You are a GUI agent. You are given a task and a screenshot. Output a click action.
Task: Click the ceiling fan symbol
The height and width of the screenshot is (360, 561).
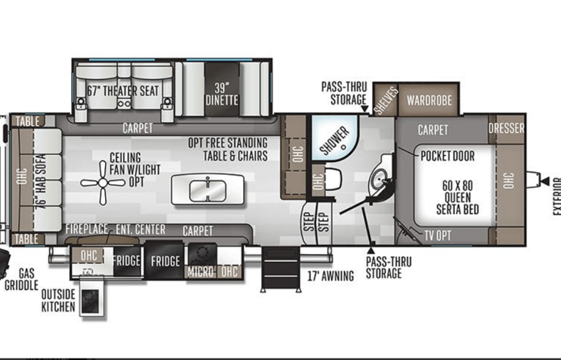104,183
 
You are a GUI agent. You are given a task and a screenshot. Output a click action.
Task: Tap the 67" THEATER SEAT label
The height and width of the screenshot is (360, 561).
123,91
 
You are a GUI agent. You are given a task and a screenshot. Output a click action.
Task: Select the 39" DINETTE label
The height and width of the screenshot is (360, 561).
222,93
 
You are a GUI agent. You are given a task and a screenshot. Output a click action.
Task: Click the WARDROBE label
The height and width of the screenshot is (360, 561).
429,101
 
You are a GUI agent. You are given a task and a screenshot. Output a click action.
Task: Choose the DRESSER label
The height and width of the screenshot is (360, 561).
507,128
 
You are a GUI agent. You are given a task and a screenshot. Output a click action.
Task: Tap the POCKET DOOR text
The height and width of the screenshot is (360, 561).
447,156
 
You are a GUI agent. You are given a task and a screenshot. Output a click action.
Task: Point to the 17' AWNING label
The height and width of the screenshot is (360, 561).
331,276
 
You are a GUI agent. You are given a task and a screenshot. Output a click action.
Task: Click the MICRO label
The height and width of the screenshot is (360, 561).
201,271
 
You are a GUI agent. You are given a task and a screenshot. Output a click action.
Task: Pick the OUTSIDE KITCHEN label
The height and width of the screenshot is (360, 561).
58,300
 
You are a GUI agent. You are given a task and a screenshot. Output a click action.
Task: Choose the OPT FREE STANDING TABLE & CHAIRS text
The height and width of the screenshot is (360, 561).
228,149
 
